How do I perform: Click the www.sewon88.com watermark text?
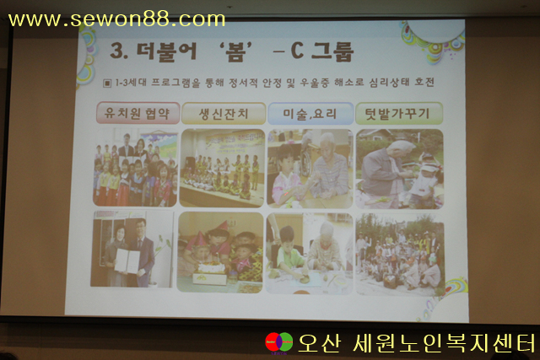[116, 19]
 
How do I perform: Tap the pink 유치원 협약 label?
[138, 113]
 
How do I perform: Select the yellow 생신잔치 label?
[224, 113]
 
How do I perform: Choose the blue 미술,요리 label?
[310, 113]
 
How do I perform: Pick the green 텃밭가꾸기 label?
[399, 113]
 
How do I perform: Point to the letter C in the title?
[297, 51]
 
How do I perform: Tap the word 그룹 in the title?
[332, 51]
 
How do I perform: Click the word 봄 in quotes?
[235, 51]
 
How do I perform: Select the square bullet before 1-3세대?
[107, 83]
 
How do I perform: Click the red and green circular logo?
[278, 342]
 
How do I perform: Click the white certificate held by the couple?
[127, 261]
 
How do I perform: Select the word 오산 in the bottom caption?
[320, 343]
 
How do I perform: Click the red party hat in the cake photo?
[223, 226]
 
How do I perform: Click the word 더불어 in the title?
[167, 51]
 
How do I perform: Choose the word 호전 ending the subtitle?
[424, 83]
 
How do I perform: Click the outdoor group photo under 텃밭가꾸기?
[400, 255]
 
